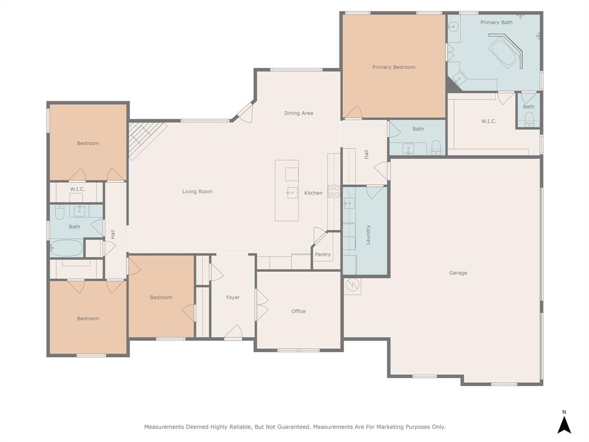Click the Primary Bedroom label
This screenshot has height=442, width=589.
(393, 67)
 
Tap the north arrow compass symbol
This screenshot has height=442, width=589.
(564, 425)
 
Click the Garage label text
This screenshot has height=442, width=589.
(458, 273)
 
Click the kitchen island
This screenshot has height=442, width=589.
(286, 190)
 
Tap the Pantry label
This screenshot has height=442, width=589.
(323, 254)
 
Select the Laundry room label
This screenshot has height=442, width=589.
(368, 235)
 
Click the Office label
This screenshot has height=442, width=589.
(299, 311)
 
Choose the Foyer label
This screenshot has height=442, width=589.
(233, 298)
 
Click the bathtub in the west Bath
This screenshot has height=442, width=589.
(66, 249)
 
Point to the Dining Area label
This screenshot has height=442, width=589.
(299, 113)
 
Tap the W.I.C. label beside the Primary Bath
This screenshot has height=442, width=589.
(488, 121)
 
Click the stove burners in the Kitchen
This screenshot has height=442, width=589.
(334, 191)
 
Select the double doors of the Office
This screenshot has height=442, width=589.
(262, 305)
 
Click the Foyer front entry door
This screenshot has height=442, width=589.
(234, 332)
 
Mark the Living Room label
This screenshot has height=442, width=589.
(197, 192)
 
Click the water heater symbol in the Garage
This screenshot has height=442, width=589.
(352, 285)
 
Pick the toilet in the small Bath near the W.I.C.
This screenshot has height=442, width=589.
(529, 120)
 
